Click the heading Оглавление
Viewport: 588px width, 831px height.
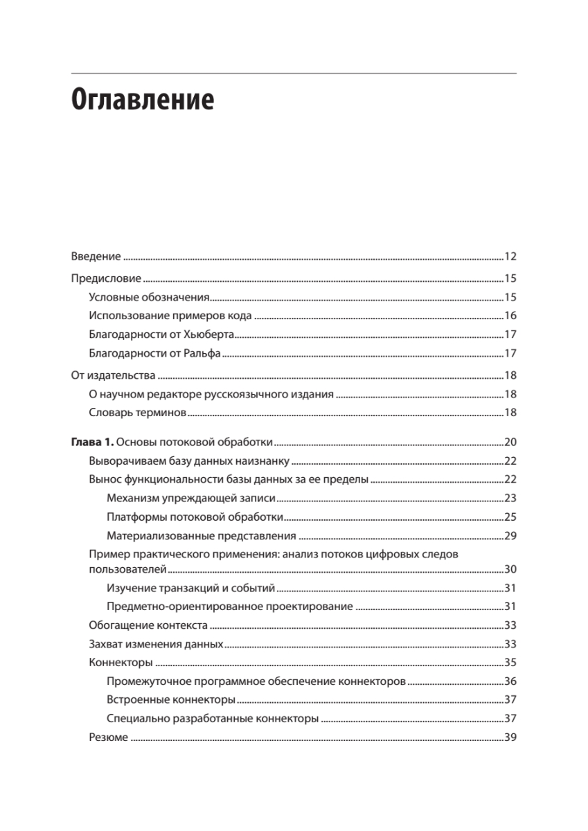(x=143, y=101)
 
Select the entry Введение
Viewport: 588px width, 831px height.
(x=96, y=257)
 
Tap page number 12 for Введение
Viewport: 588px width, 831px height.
(x=510, y=257)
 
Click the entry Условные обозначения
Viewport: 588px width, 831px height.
(x=149, y=298)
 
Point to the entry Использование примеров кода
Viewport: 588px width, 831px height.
(x=170, y=316)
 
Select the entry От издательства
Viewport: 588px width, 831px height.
(x=113, y=376)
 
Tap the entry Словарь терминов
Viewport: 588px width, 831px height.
(x=138, y=413)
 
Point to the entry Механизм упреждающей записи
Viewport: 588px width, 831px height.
(x=192, y=499)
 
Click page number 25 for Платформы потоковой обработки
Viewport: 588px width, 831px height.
(x=510, y=517)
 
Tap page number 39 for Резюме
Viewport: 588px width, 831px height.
(x=510, y=738)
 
